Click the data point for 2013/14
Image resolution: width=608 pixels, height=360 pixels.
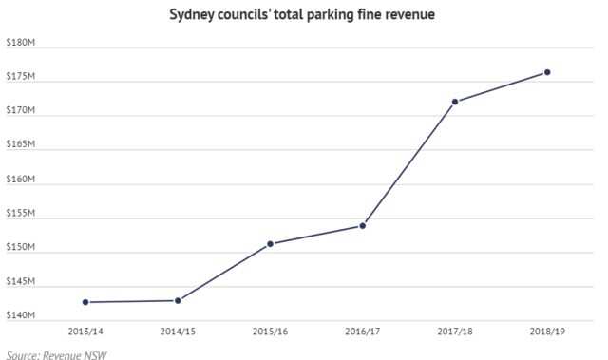pos(85,302)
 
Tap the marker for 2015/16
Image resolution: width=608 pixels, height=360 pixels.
pos(270,243)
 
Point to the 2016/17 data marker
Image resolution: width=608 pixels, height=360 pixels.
pos(363,225)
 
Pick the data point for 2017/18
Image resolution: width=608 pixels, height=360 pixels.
pos(455,102)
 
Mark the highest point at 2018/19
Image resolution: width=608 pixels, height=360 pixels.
pos(547,72)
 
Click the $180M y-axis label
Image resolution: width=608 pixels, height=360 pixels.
pos(20,43)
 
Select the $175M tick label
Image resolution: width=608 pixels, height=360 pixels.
pos(20,77)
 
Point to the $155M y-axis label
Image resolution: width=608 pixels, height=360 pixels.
pos(20,214)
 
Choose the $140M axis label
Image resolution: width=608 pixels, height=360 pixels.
pos(20,315)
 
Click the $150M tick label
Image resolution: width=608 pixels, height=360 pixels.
pos(20,248)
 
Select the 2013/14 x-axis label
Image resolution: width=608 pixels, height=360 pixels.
pos(85,332)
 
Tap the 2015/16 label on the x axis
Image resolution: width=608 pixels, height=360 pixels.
pos(270,332)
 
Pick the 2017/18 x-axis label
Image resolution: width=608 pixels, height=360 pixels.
pos(455,332)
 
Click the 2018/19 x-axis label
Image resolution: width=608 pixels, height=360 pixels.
pos(547,332)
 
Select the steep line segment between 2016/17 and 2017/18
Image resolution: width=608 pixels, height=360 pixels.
pos(408,163)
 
